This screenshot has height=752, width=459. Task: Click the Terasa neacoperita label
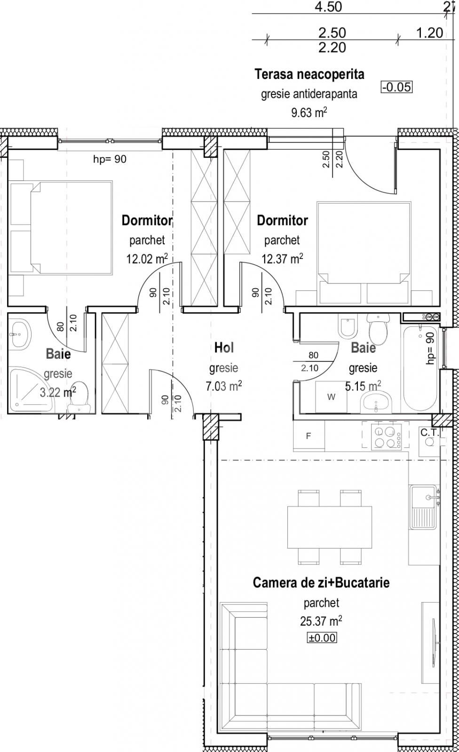click(309, 74)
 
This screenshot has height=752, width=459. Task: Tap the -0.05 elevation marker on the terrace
click(396, 87)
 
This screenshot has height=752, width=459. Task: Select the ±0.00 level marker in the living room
click(322, 638)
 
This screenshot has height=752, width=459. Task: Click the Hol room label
click(223, 348)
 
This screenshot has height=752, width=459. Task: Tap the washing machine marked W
click(331, 397)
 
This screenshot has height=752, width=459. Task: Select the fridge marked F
click(309, 436)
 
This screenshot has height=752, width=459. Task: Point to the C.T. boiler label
click(430, 432)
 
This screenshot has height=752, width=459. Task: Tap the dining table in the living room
click(330, 527)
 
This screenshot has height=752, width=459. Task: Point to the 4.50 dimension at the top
click(328, 7)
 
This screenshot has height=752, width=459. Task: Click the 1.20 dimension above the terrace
click(429, 32)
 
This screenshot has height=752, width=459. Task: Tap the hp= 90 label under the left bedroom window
click(110, 159)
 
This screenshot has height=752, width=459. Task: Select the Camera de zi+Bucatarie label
click(321, 583)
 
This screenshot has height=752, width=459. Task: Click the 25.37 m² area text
click(321, 621)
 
